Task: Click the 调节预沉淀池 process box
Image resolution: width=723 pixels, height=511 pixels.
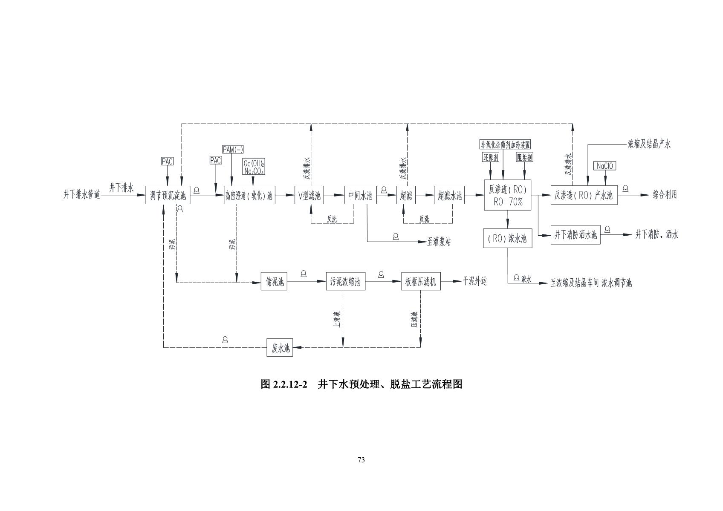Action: click(168, 196)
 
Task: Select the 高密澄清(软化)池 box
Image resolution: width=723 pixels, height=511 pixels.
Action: click(249, 196)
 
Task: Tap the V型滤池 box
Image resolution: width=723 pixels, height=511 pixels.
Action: click(309, 196)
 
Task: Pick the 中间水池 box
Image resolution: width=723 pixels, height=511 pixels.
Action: click(360, 196)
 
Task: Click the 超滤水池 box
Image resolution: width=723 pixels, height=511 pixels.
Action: click(449, 196)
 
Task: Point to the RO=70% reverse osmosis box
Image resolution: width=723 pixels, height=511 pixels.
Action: click(508, 195)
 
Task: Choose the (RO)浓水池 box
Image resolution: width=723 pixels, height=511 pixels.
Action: click(507, 238)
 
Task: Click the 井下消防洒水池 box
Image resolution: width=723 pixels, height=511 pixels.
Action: click(576, 234)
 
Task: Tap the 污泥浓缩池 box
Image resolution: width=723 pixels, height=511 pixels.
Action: click(345, 282)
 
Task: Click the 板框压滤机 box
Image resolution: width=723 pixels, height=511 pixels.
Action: click(420, 282)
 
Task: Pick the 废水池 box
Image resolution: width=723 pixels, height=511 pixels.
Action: click(280, 348)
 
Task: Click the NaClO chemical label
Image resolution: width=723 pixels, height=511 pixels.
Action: click(604, 166)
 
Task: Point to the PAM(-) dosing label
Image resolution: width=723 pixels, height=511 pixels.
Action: click(233, 149)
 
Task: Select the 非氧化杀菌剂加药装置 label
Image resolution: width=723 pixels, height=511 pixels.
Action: click(505, 144)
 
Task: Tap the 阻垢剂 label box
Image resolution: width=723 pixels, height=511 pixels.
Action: click(524, 157)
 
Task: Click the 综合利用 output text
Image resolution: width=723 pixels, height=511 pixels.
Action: click(665, 195)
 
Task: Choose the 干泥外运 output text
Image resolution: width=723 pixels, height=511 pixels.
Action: click(474, 281)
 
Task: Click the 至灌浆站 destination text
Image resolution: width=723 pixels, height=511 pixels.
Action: click(439, 242)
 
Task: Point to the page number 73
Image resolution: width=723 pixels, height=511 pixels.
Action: click(361, 460)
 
